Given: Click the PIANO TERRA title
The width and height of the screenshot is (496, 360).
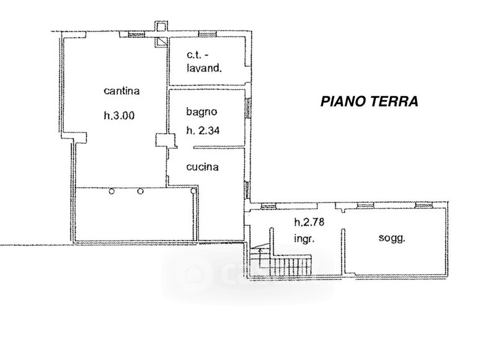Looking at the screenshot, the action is point(369,102).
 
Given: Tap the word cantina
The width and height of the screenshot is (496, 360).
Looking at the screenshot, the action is point(122,91).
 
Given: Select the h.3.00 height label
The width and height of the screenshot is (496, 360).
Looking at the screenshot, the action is point(119,115).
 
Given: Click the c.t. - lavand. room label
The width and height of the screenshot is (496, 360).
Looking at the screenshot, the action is point(204,61).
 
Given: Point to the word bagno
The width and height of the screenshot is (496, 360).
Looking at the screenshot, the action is point(201,112).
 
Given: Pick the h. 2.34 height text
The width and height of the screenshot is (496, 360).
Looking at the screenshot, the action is point(203,130).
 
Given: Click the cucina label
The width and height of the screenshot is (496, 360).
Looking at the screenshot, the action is point(203,167).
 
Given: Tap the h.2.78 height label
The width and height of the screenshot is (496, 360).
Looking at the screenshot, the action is point(309,222).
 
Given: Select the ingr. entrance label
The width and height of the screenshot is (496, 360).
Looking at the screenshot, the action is point(304,239).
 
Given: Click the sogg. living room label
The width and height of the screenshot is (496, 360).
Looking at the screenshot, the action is point(392,238).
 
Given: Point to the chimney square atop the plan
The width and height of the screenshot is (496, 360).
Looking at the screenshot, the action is point(161,26).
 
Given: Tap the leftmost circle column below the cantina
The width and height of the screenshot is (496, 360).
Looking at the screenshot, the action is point(112,191).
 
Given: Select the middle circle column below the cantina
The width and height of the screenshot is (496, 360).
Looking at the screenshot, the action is point(141,191).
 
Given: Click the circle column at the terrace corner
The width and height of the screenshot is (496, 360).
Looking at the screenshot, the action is point(193,191).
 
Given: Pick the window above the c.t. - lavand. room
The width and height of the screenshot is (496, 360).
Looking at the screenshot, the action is point(207,34).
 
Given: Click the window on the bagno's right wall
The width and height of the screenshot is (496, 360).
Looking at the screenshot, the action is point(249,108).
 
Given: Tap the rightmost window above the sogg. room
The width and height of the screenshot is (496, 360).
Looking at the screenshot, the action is point(423,206).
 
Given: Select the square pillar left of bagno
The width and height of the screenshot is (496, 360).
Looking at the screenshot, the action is point(165,140).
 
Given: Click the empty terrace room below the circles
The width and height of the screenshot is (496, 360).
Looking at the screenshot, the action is point(134,214).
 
